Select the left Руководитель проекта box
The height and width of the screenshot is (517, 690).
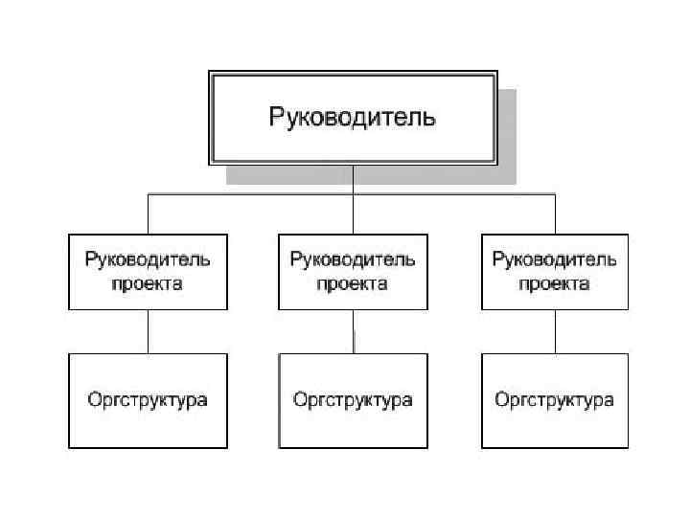pyautogui.click(x=148, y=271)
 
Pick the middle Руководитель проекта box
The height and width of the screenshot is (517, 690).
pyautogui.click(x=352, y=271)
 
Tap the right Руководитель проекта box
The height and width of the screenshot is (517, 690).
pyautogui.click(x=555, y=271)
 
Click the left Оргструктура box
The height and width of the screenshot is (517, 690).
pyautogui.click(x=148, y=400)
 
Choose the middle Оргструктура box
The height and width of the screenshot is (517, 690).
pyautogui.click(x=352, y=400)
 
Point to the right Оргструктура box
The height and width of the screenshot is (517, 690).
pyautogui.click(x=555, y=400)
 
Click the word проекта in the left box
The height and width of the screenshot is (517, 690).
pyautogui.click(x=148, y=284)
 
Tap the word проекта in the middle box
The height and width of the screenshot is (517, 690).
pyautogui.click(x=352, y=284)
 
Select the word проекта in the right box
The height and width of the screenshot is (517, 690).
pyautogui.click(x=555, y=284)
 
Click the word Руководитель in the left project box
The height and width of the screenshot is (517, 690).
pyautogui.click(x=148, y=258)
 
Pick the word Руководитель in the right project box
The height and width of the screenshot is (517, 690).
pyautogui.click(x=555, y=258)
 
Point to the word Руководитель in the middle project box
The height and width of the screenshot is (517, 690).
pyautogui.click(x=352, y=258)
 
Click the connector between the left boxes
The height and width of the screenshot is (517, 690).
pyautogui.click(x=148, y=331)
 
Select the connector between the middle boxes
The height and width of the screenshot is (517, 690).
pyautogui.click(x=354, y=331)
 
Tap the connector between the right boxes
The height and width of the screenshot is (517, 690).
pyautogui.click(x=555, y=331)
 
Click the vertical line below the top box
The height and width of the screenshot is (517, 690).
pyautogui.click(x=353, y=179)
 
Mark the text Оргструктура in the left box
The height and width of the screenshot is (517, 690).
pyautogui.click(x=148, y=400)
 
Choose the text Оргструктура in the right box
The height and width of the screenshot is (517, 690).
pyautogui.click(x=555, y=400)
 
